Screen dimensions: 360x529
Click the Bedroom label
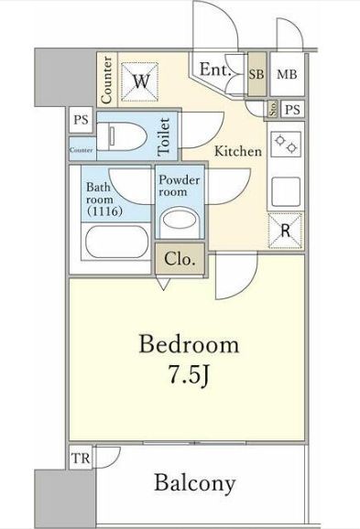[x=189, y=344]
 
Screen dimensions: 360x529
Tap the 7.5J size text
[x=189, y=375]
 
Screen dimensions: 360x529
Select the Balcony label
[x=195, y=483]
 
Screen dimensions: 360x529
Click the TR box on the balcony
[x=81, y=458]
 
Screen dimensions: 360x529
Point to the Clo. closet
[x=180, y=259]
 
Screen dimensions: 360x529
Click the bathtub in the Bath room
[x=117, y=242]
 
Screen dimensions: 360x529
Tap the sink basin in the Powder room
[x=180, y=221]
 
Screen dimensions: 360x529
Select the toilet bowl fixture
[x=122, y=136]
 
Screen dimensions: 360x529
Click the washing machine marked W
[x=140, y=81]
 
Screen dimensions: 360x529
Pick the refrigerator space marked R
[x=286, y=232]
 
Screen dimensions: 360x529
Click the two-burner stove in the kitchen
[x=286, y=144]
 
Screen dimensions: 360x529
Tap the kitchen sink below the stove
[x=286, y=191]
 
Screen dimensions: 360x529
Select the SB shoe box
[x=257, y=74]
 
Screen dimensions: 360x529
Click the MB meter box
[x=287, y=74]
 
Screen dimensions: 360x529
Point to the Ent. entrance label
[x=215, y=70]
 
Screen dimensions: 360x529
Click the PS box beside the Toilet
[x=81, y=120]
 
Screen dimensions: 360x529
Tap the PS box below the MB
[x=292, y=110]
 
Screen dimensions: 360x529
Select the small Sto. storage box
[x=273, y=109]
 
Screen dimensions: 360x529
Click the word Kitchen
[x=238, y=151]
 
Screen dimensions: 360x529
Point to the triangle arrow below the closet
[x=163, y=284]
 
